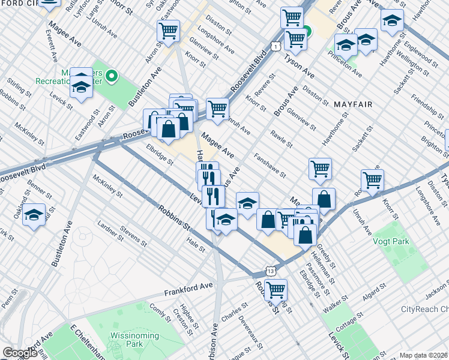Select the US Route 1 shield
274,46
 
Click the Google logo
20,353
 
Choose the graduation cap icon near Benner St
34,214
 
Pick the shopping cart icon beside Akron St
169,30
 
